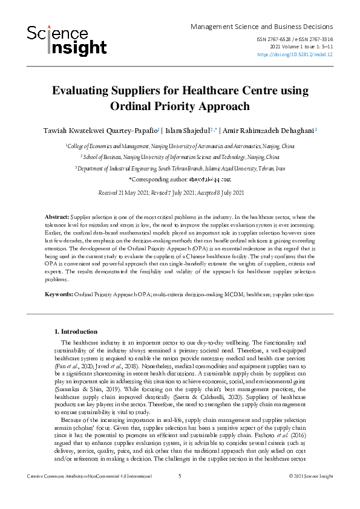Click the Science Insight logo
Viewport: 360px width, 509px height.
tap(67, 40)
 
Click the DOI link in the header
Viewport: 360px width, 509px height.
tap(295, 54)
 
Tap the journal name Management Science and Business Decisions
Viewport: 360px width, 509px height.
tap(261, 27)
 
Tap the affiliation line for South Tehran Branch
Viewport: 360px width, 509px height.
tap(180, 169)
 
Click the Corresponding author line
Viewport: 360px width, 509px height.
tap(180, 180)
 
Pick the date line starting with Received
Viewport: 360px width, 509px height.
tap(180, 192)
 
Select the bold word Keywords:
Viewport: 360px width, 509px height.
tap(59, 294)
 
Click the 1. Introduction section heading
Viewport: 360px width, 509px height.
tap(76, 331)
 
